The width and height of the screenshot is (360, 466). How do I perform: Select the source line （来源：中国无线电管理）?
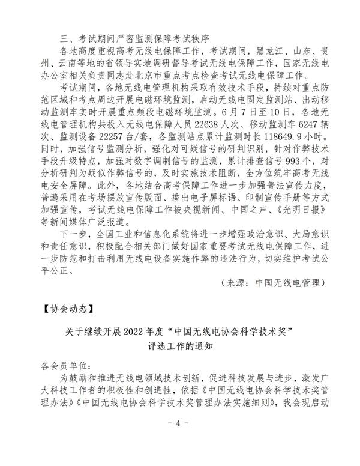pos(272,282)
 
